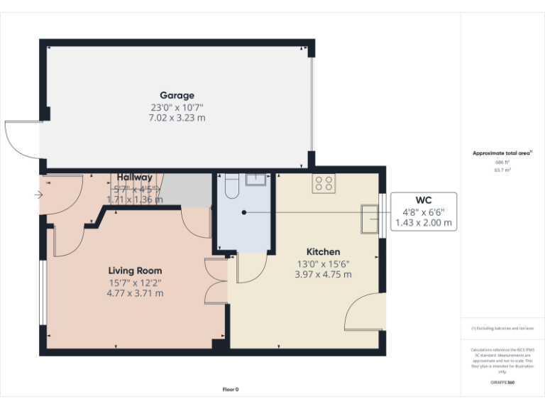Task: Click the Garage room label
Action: click(x=177, y=95)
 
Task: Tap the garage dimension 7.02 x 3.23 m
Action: click(x=177, y=118)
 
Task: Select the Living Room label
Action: click(x=135, y=271)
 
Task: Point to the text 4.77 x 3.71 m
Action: click(x=135, y=293)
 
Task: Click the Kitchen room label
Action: click(x=323, y=252)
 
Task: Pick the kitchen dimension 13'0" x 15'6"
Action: click(x=323, y=263)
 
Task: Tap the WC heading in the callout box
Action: click(x=423, y=200)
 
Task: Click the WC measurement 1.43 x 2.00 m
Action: click(x=423, y=222)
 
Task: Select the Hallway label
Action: click(x=135, y=178)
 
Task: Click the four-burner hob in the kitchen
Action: click(x=324, y=184)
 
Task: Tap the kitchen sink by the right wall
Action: click(x=370, y=219)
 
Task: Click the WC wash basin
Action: click(x=255, y=179)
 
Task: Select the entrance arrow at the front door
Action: click(x=38, y=194)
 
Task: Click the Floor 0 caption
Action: click(x=231, y=389)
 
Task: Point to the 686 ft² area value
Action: click(x=502, y=162)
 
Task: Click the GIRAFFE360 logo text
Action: click(x=502, y=383)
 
